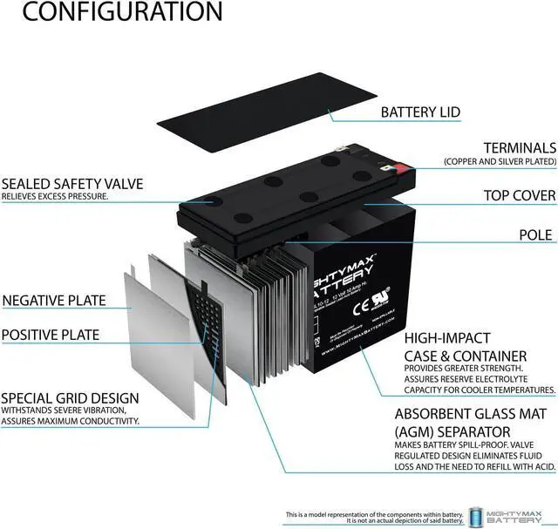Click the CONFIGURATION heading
click(111, 13)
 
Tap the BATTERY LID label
click(420, 112)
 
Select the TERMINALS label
click(520, 148)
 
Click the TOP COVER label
click(520, 195)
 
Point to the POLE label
click(535, 235)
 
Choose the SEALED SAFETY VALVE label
click(72, 184)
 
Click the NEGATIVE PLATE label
click(54, 301)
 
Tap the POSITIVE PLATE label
click(51, 335)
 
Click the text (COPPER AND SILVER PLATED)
click(500, 162)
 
